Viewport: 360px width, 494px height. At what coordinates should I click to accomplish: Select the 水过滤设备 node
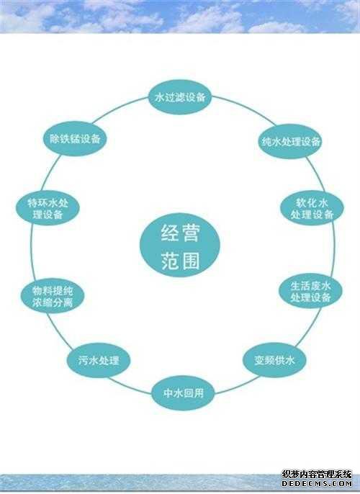[180, 97]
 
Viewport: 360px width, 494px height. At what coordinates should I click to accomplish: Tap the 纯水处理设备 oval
[291, 141]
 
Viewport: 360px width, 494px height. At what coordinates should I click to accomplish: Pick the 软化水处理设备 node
[312, 208]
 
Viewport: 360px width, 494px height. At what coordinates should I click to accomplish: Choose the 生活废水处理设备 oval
[310, 291]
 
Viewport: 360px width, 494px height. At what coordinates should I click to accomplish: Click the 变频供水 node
[274, 360]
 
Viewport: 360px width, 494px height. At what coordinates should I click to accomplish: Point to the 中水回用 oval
[184, 392]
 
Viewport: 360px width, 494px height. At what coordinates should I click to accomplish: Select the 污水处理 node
[99, 360]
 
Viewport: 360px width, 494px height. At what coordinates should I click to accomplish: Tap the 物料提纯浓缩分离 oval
[53, 296]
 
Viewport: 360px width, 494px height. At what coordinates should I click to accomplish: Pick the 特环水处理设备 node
[48, 208]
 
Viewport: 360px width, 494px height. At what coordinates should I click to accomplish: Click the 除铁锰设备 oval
[75, 138]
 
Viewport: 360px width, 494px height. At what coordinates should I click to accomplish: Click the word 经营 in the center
[180, 233]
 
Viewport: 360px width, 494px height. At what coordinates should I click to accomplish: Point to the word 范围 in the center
[180, 261]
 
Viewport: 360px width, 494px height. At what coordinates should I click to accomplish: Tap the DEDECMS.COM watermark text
[317, 484]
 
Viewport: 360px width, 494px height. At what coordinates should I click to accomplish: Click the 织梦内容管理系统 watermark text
[317, 475]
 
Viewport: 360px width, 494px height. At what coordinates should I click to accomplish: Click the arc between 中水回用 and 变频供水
[237, 386]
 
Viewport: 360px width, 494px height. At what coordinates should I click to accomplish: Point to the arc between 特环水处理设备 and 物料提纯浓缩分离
[32, 252]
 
